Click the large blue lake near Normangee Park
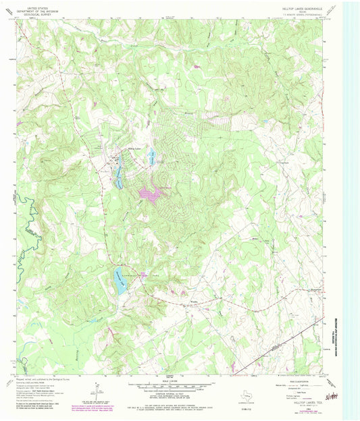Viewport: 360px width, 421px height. [120, 282]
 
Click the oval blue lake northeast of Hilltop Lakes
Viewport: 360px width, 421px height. [152, 155]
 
